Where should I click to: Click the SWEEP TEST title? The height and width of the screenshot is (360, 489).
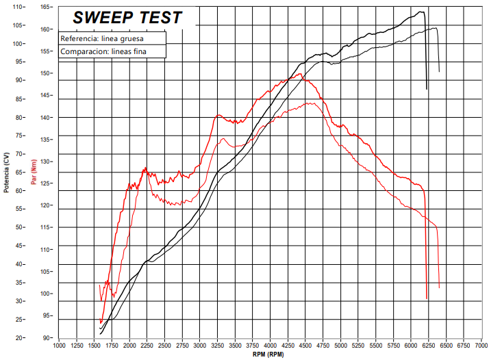[127, 18]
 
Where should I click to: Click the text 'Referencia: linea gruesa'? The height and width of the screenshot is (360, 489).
[101, 38]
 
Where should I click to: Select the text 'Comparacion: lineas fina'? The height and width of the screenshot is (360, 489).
[103, 51]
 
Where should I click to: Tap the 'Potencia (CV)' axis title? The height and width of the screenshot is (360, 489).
[6, 172]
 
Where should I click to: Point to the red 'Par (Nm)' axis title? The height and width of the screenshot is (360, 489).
[33, 172]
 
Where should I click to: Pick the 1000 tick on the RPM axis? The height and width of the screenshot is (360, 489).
[58, 346]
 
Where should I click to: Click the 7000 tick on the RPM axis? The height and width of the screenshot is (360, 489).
[481, 346]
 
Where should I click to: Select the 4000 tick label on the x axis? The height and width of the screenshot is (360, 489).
[270, 346]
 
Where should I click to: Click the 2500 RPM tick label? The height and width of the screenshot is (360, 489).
[164, 346]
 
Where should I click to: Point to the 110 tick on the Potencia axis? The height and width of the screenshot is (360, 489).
[17, 7]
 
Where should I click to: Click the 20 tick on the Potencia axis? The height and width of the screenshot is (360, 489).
[19, 337]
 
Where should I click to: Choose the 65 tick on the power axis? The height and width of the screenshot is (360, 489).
[19, 172]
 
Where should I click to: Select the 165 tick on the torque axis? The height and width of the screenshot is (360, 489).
[46, 7]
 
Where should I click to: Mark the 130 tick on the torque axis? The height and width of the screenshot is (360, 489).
[46, 162]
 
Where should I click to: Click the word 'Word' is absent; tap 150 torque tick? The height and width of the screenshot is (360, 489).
[46, 73]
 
